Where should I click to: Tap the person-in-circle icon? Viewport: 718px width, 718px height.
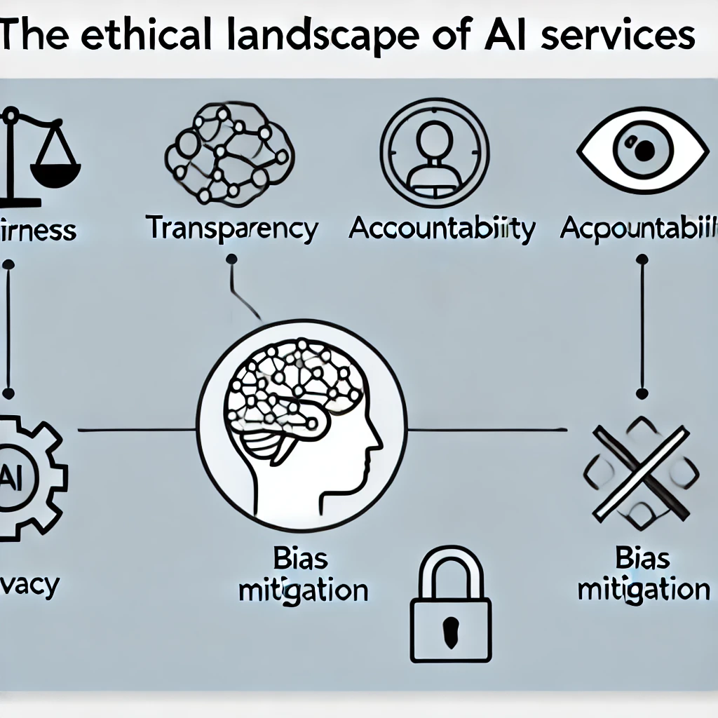(435, 150)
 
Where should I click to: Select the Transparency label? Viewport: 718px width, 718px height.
(232, 229)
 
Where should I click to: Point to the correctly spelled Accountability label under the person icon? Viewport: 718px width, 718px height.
(442, 229)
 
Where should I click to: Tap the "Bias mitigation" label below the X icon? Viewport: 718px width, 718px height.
(643, 575)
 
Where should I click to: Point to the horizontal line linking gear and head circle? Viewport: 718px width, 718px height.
(137, 430)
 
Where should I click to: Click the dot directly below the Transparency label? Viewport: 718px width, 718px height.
(232, 260)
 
